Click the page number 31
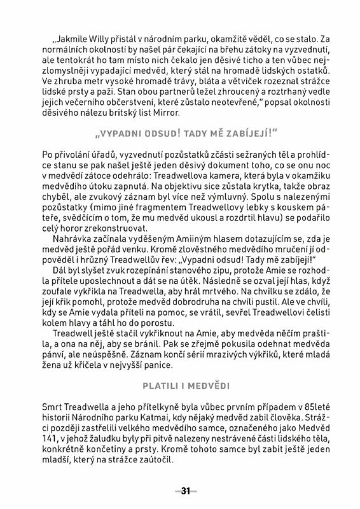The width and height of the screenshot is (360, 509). pos(186,491)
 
